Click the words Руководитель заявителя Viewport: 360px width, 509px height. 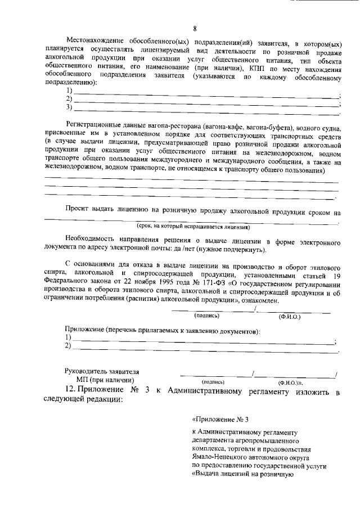[x=102, y=372]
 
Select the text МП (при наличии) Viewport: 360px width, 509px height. [x=106, y=381]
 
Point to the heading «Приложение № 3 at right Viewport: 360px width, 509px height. [x=220, y=420]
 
